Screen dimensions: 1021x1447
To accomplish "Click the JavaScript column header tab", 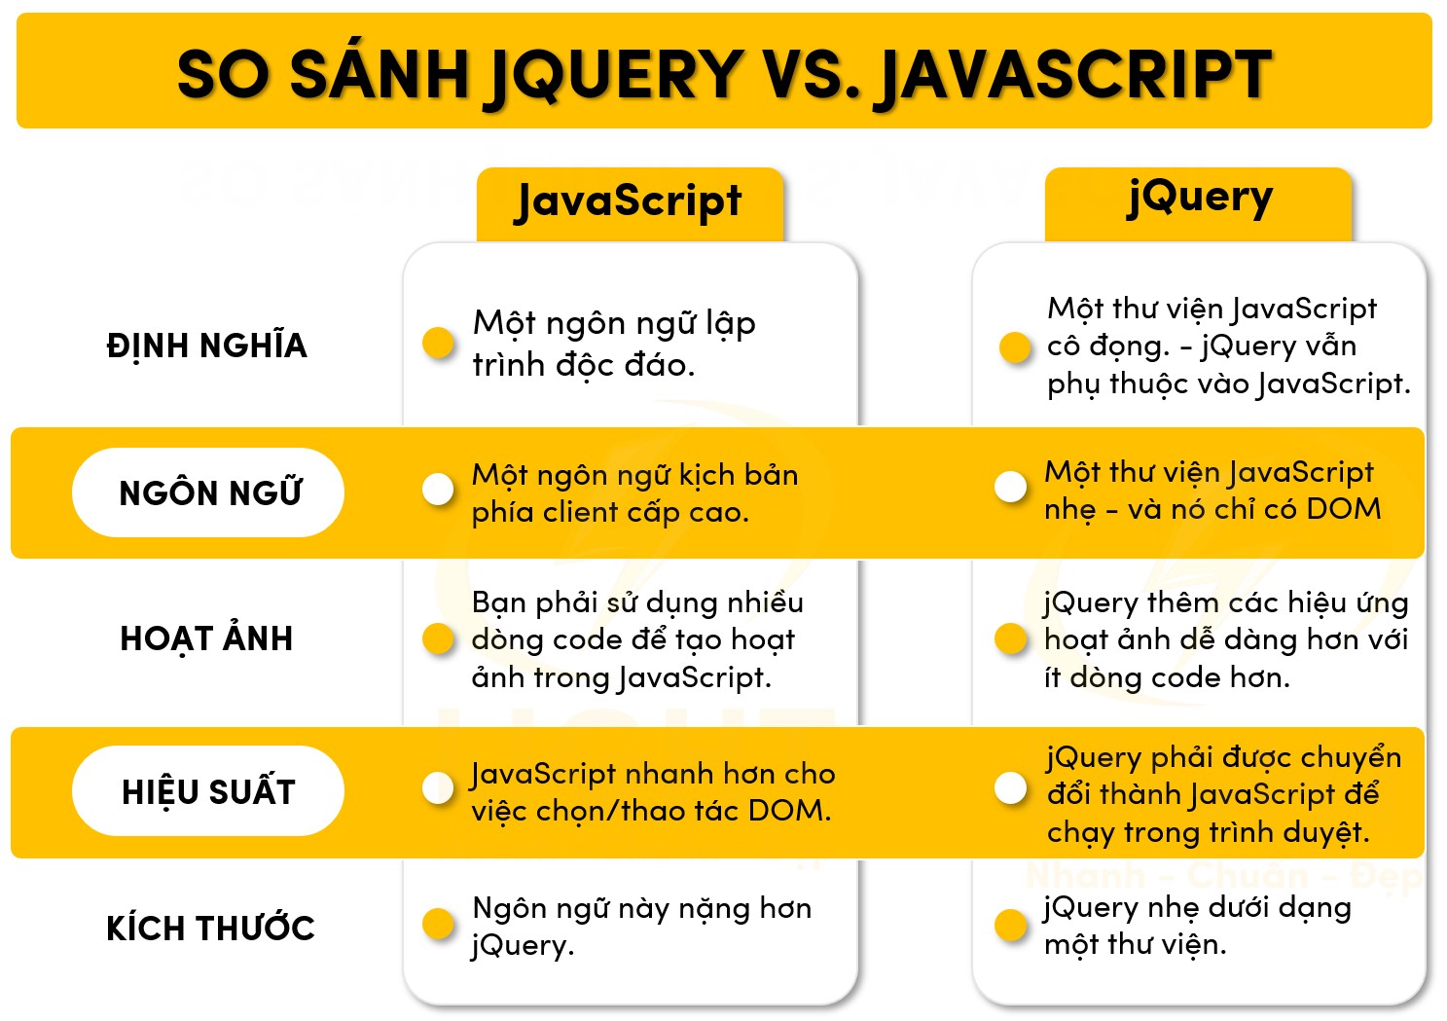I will (630, 202).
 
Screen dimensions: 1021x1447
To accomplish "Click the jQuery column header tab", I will (1199, 201).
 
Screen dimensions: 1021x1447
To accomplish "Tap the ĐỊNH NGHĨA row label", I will (206, 346).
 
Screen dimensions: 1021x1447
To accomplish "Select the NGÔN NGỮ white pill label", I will (208, 492).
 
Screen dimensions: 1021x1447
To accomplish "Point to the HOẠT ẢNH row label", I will (206, 638).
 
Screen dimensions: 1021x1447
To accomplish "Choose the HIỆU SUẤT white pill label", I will (208, 791).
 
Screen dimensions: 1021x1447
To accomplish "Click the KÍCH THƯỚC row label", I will (210, 928).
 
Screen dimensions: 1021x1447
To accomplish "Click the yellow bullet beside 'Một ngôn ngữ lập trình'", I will (439, 343).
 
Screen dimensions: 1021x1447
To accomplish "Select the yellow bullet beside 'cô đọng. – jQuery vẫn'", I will (1015, 346).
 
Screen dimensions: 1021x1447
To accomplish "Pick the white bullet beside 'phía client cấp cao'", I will (439, 490).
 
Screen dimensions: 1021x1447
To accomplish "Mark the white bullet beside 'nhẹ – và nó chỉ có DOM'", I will (1011, 487).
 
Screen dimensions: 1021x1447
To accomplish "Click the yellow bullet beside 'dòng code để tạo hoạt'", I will (439, 638).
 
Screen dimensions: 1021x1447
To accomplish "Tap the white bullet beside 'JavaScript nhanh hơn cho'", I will (439, 788).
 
